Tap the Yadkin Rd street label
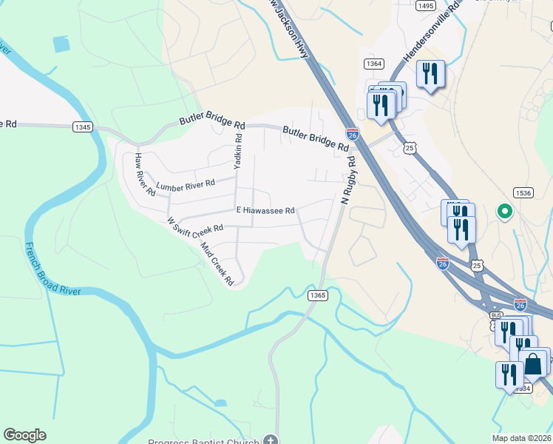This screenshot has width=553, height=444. [x=238, y=151]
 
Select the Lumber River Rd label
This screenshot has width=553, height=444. [x=185, y=183]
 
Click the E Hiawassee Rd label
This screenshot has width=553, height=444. [x=265, y=210]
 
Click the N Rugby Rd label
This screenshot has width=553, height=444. [x=348, y=178]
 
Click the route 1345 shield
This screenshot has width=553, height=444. [x=83, y=127]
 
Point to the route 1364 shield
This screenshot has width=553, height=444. [x=373, y=64]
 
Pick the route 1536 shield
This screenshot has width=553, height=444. [x=523, y=193]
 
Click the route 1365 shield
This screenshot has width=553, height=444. [x=318, y=295]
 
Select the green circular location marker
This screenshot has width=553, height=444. [x=505, y=212]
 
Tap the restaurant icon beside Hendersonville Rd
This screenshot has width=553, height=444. [x=430, y=73]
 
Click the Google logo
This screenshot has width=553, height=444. [x=24, y=435]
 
